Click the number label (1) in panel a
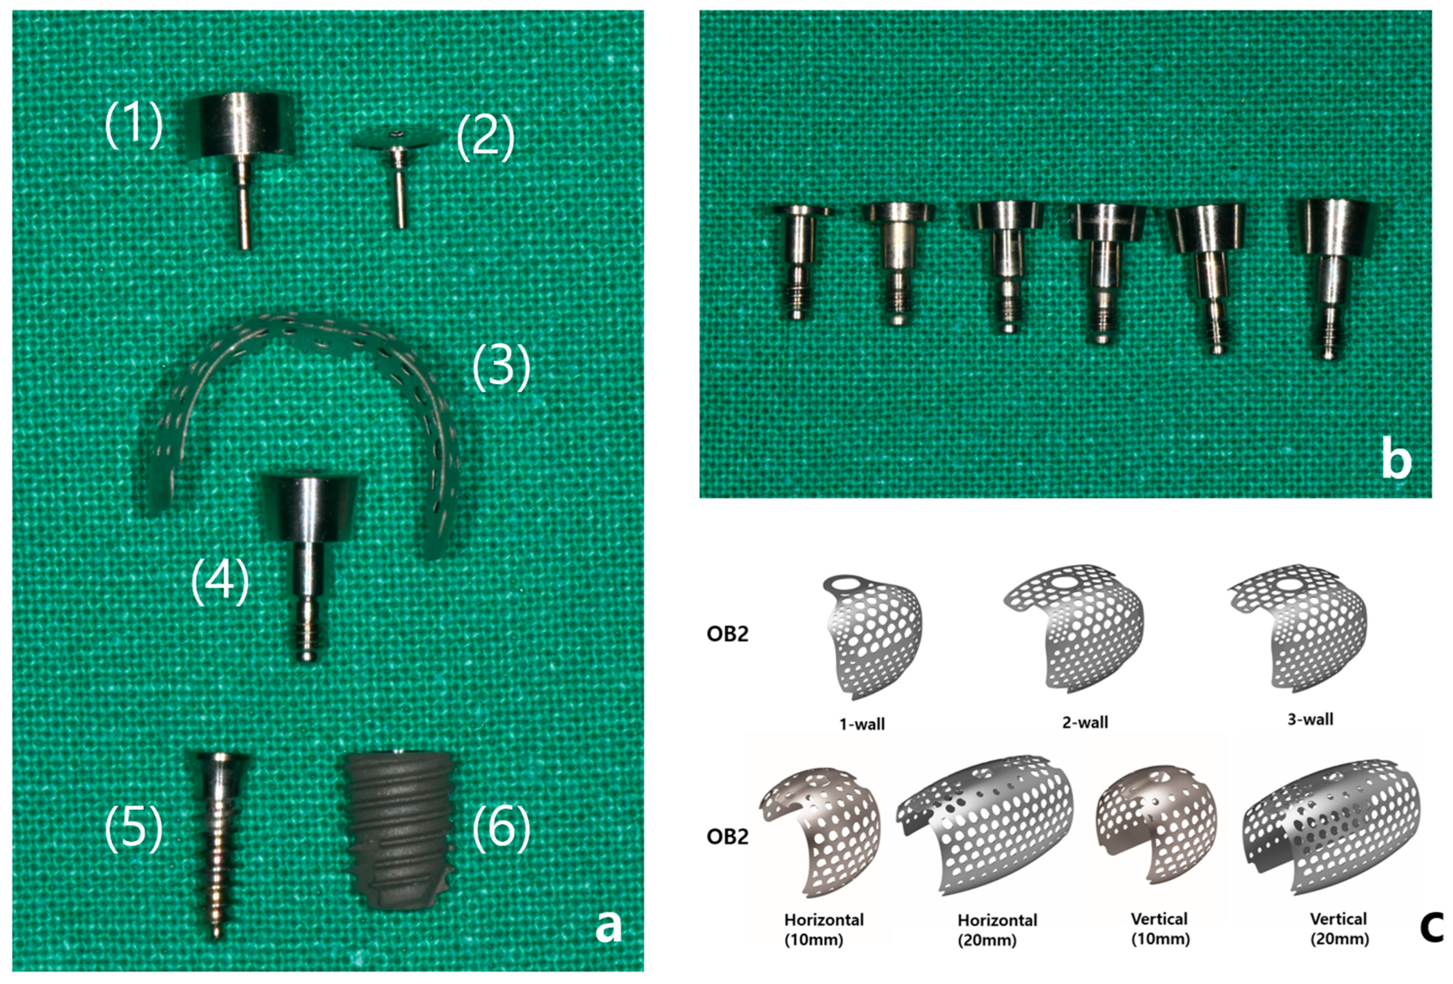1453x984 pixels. (133, 126)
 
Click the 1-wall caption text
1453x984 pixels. (862, 724)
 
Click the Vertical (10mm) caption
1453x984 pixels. (1160, 928)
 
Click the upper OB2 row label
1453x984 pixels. (727, 634)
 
